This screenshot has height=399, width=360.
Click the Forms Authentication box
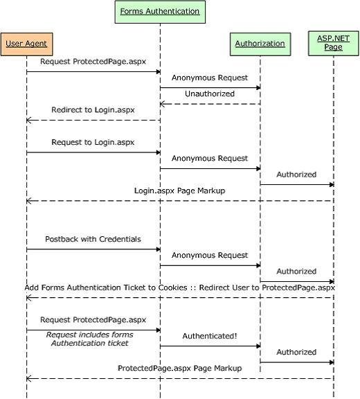pos(160,12)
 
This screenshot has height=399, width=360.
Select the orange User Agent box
pos(27,44)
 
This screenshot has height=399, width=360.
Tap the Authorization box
pos(260,44)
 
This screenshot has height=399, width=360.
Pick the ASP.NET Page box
pos(333,43)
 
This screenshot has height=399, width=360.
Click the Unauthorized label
pos(210,94)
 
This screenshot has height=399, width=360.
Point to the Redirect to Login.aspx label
pos(93,110)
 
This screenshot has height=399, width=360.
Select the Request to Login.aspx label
pos(93,142)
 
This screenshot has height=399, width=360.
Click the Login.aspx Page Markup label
pos(180,190)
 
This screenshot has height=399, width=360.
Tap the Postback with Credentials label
pos(93,239)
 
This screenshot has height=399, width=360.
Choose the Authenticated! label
pos(210,336)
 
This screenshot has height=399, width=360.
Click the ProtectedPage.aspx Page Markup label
pos(180,369)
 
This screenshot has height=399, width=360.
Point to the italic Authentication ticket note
pos(90,343)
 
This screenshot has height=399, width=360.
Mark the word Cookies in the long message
pos(173,287)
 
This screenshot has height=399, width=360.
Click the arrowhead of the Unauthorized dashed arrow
pos(162,104)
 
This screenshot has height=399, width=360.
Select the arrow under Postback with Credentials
pos(93,249)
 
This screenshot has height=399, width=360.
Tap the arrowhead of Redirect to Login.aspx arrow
pos(28,120)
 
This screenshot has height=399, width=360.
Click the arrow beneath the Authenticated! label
pos(210,346)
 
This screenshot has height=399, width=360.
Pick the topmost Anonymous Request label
pos(210,78)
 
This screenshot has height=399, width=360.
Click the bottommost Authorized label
pos(296,352)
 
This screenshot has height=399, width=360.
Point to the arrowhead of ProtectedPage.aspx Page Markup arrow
pos(28,379)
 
